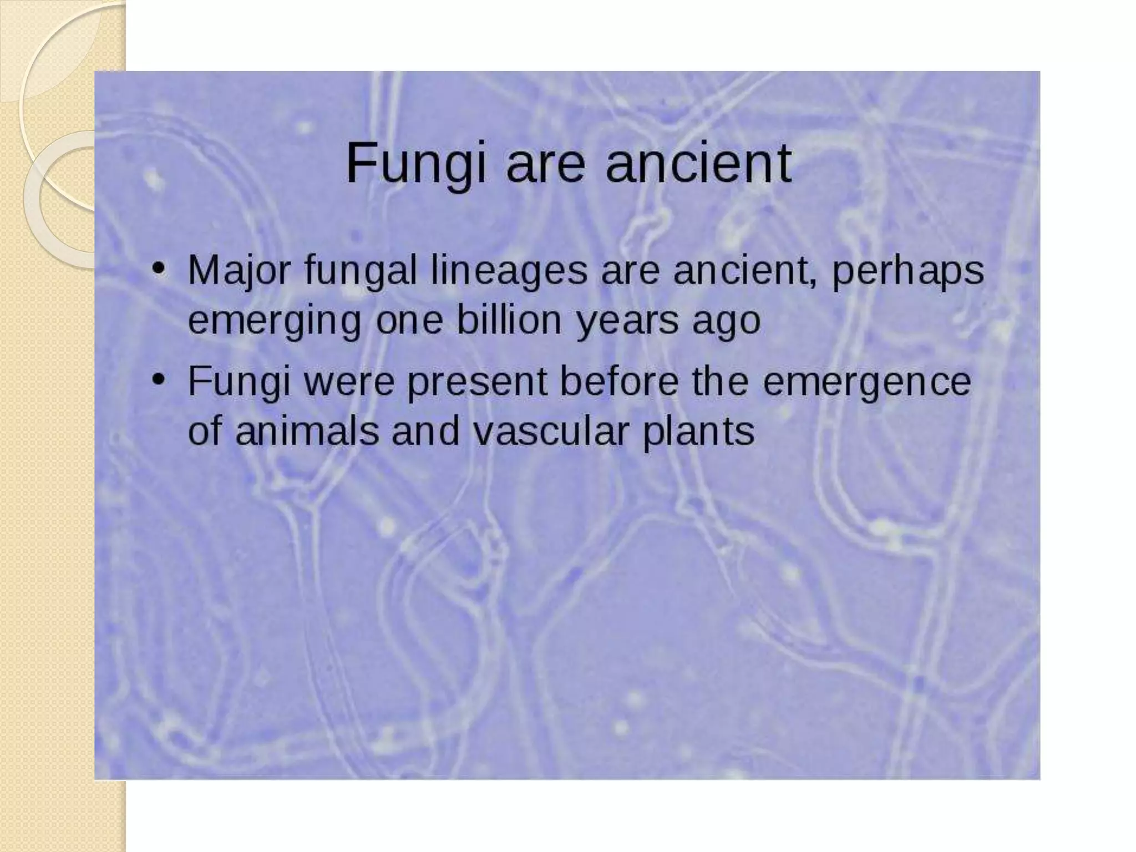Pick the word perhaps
pos(907,271)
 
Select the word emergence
pos(867,382)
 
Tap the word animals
pos(306,431)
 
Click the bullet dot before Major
pos(159,268)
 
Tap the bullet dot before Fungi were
pos(159,379)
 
